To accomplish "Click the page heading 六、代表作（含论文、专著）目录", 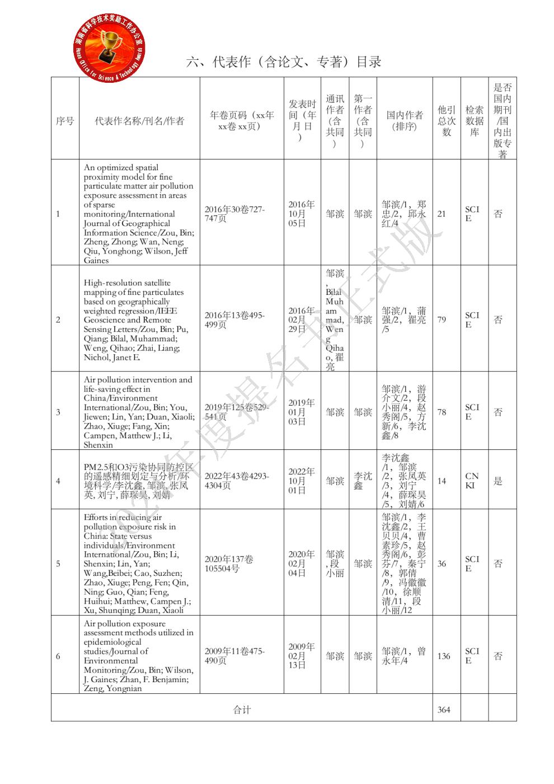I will point(284,62).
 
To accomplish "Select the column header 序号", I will point(65,121).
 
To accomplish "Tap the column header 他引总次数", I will point(447,121).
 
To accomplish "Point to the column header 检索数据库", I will point(474,121).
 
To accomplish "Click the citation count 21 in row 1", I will point(442,214).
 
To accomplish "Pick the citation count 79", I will point(442,320).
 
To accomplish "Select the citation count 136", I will point(443,656).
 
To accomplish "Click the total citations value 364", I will point(443,710).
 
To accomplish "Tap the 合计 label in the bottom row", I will point(242,710).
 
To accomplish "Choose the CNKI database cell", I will point(471,481).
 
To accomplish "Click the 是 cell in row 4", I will point(498,481).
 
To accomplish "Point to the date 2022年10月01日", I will point(302,481).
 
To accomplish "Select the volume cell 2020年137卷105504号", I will point(229,564).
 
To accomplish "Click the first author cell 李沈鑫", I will point(363,481).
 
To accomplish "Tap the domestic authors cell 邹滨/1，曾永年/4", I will point(403,656).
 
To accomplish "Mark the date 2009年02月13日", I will point(302,656).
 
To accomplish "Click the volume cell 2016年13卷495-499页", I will point(234,320).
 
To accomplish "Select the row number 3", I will point(58,412).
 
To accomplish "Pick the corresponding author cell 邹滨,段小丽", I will point(335,564).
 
